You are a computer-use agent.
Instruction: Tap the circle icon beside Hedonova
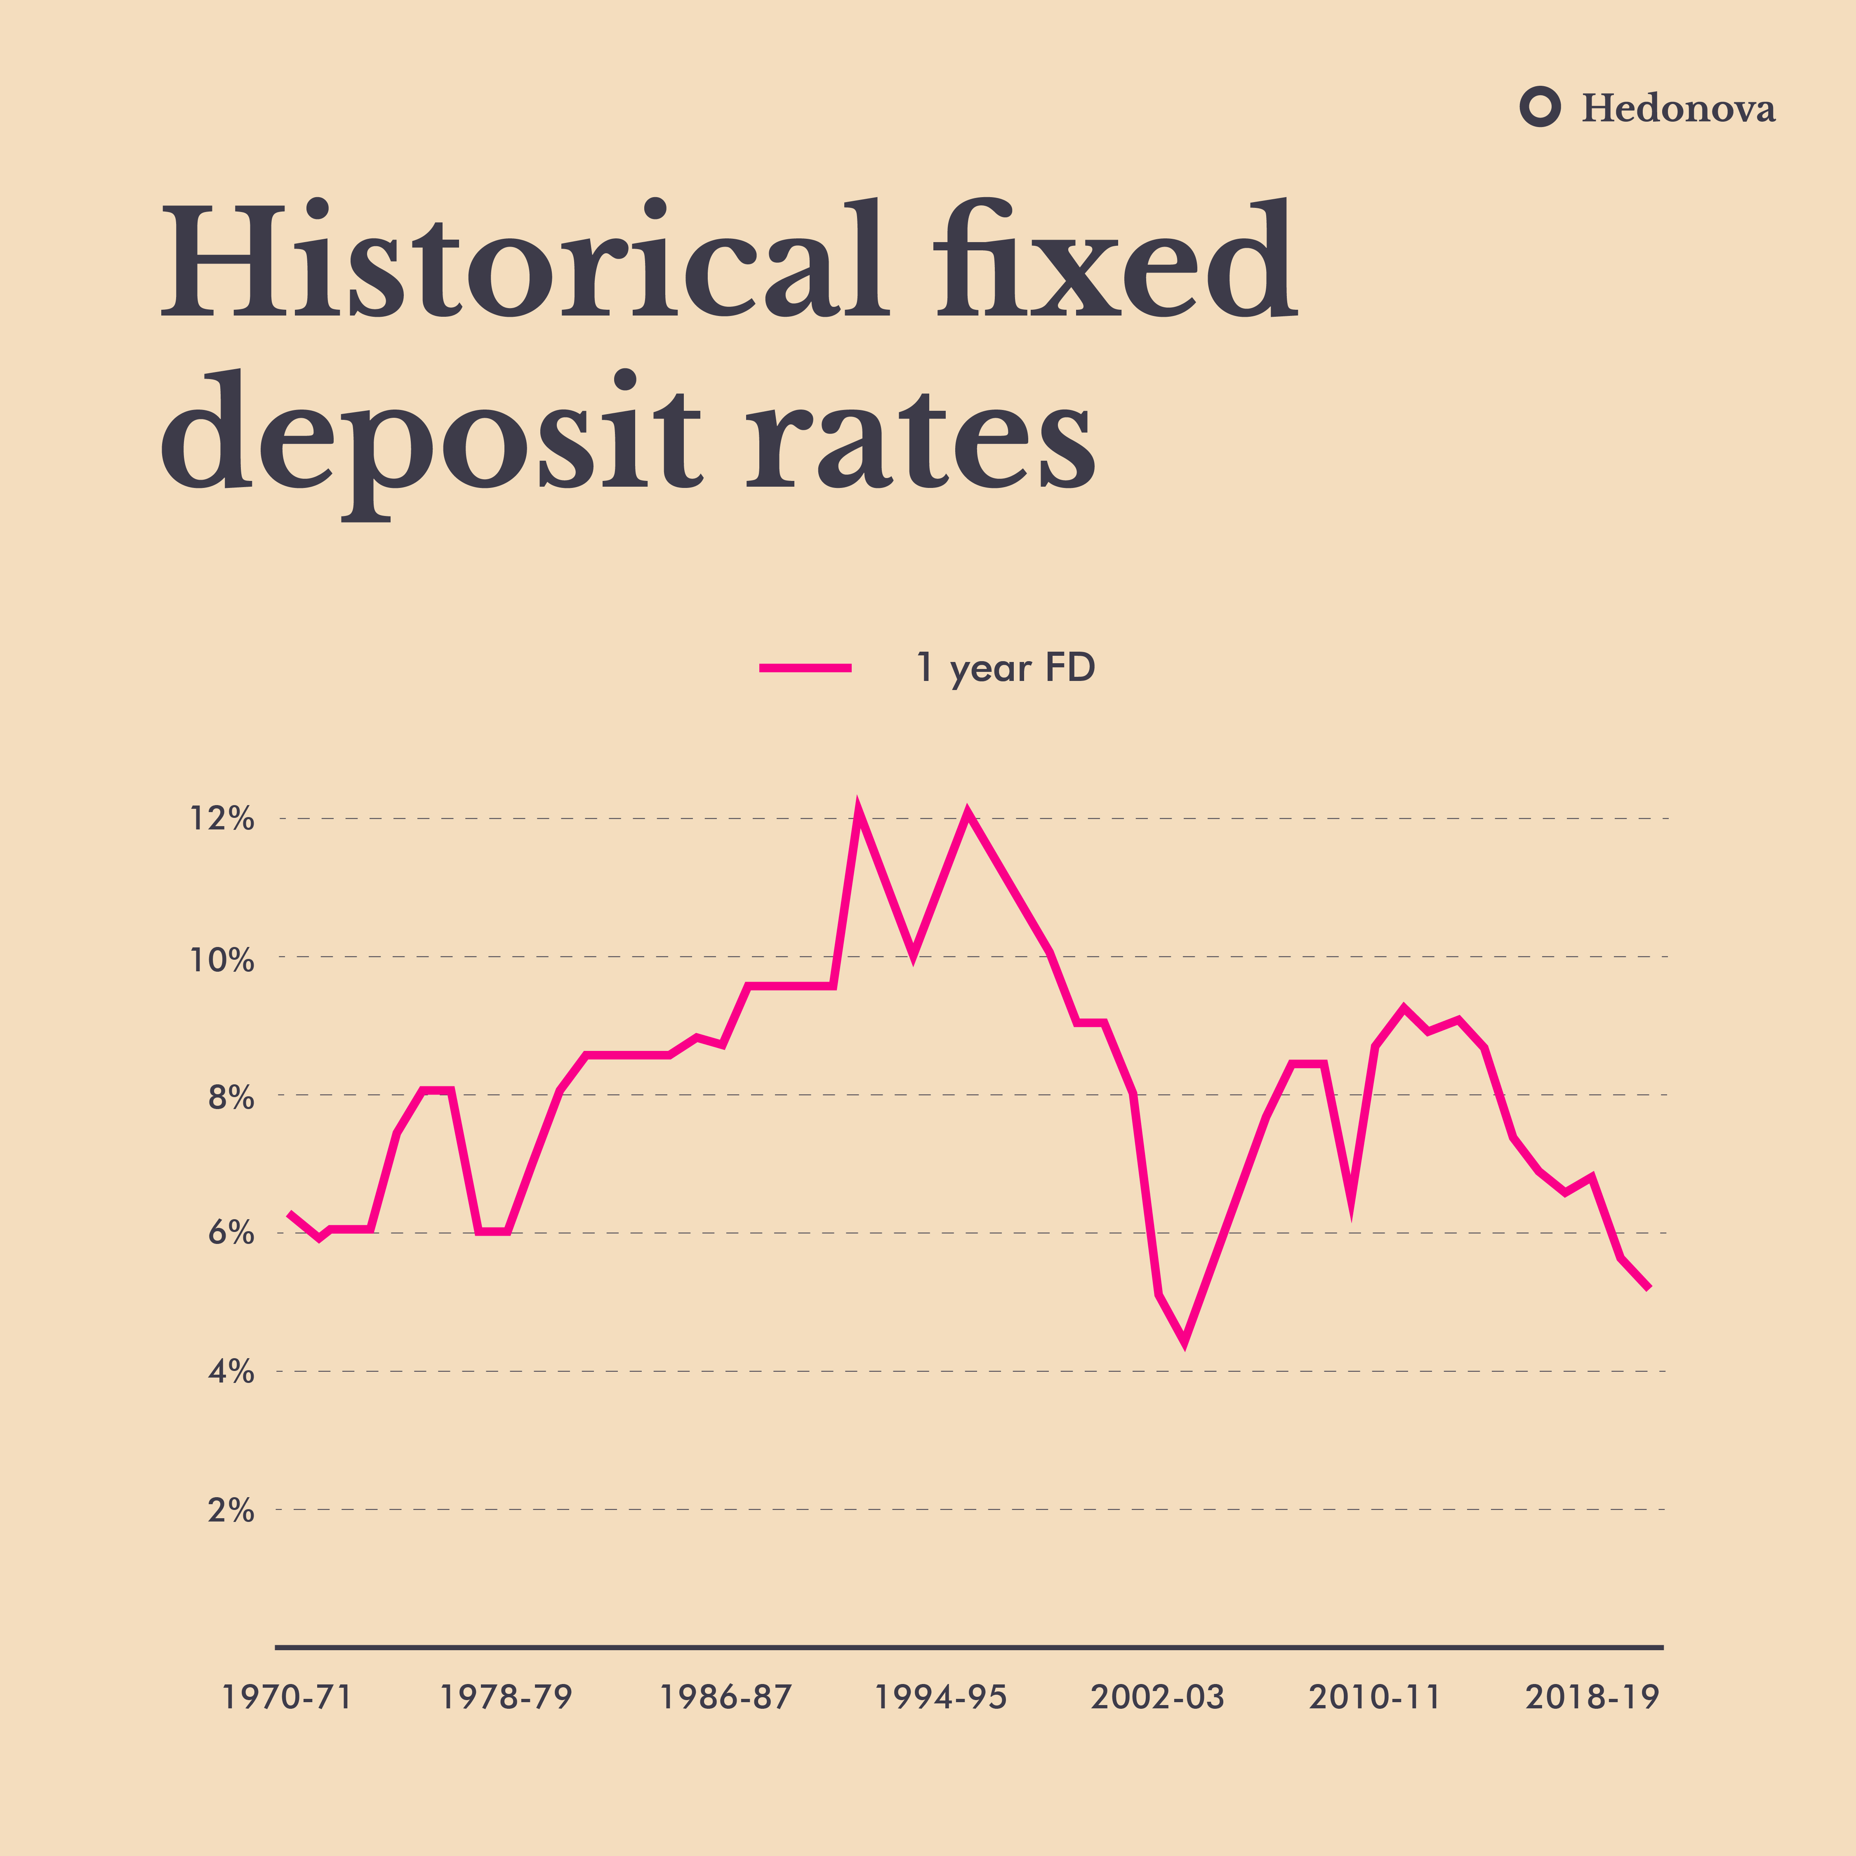pyautogui.click(x=1540, y=107)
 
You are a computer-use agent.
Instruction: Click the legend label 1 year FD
pyautogui.click(x=1006, y=668)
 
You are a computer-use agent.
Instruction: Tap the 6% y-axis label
pyautogui.click(x=231, y=1234)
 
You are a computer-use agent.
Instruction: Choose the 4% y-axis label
pyautogui.click(x=231, y=1372)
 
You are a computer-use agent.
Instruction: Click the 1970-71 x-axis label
pyautogui.click(x=287, y=1698)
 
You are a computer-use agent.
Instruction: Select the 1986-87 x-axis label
pyautogui.click(x=725, y=1698)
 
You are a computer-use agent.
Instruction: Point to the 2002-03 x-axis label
pyautogui.click(x=1158, y=1698)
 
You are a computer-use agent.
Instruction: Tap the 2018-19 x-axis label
pyautogui.click(x=1592, y=1698)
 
